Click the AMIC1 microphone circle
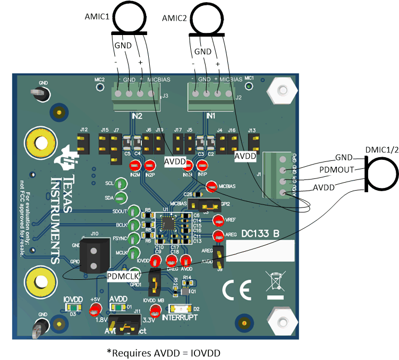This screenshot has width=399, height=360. coord(128,16)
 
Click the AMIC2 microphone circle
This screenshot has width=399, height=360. coord(208,16)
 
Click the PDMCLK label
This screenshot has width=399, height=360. coord(123,276)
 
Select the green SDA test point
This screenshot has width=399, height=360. coord(121,198)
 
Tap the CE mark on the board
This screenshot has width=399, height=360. coord(234,290)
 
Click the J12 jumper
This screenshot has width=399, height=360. coord(83,142)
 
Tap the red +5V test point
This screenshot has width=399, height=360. coord(96,310)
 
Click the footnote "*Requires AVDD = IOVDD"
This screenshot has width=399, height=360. coord(164,352)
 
